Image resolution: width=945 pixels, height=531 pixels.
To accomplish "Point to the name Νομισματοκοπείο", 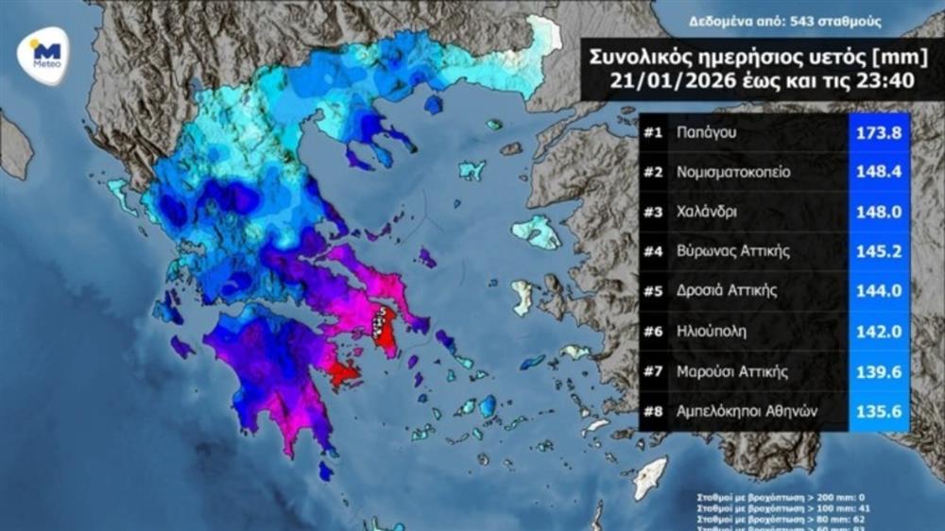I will [733, 173].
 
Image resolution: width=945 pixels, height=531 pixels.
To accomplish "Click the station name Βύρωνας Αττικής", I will [731, 251].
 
